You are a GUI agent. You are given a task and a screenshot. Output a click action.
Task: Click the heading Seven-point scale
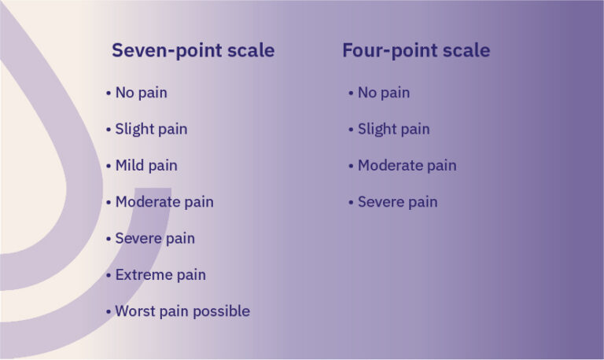tap(193, 51)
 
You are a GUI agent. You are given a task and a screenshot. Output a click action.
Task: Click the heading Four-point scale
tap(415, 51)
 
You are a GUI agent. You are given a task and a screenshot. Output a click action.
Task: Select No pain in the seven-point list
tap(141, 93)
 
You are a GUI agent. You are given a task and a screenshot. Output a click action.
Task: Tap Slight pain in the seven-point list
tap(151, 129)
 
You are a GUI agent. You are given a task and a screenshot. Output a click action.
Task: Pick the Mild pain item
tap(146, 166)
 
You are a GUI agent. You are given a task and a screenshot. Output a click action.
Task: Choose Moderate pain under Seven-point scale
tap(164, 202)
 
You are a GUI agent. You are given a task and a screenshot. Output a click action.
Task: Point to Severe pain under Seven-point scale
tap(155, 238)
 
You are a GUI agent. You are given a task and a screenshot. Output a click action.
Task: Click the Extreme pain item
tap(160, 275)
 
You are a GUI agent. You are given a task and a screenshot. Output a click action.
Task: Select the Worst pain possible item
tap(182, 311)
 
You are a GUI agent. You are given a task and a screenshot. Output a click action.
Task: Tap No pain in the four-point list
tap(383, 93)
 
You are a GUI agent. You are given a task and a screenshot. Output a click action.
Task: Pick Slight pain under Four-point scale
tap(393, 129)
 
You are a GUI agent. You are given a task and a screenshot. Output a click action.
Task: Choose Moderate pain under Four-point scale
tap(407, 166)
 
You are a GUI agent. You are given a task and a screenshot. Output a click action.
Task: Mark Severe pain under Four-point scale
tap(397, 202)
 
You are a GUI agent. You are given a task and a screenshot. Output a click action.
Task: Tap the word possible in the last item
tap(223, 312)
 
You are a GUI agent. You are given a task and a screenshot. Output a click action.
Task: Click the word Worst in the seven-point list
tap(133, 311)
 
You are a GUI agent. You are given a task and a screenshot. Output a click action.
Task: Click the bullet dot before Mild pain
tap(109, 166)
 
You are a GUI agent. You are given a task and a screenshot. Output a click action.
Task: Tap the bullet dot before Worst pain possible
tap(109, 312)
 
